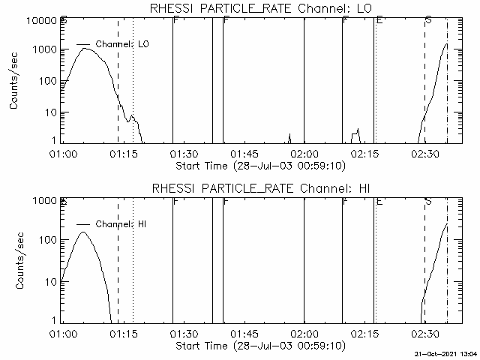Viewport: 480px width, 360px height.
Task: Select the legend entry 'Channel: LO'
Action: coord(123,45)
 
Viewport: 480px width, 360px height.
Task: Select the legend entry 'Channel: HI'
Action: coord(123,224)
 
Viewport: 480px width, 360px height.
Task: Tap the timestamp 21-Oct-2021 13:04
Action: coord(446,353)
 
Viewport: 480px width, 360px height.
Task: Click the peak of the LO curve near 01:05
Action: coord(86,49)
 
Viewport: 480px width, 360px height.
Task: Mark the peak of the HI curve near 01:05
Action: coord(82,232)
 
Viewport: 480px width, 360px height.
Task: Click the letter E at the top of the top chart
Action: coord(379,19)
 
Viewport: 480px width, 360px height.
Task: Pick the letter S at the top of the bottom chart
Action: coord(427,201)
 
